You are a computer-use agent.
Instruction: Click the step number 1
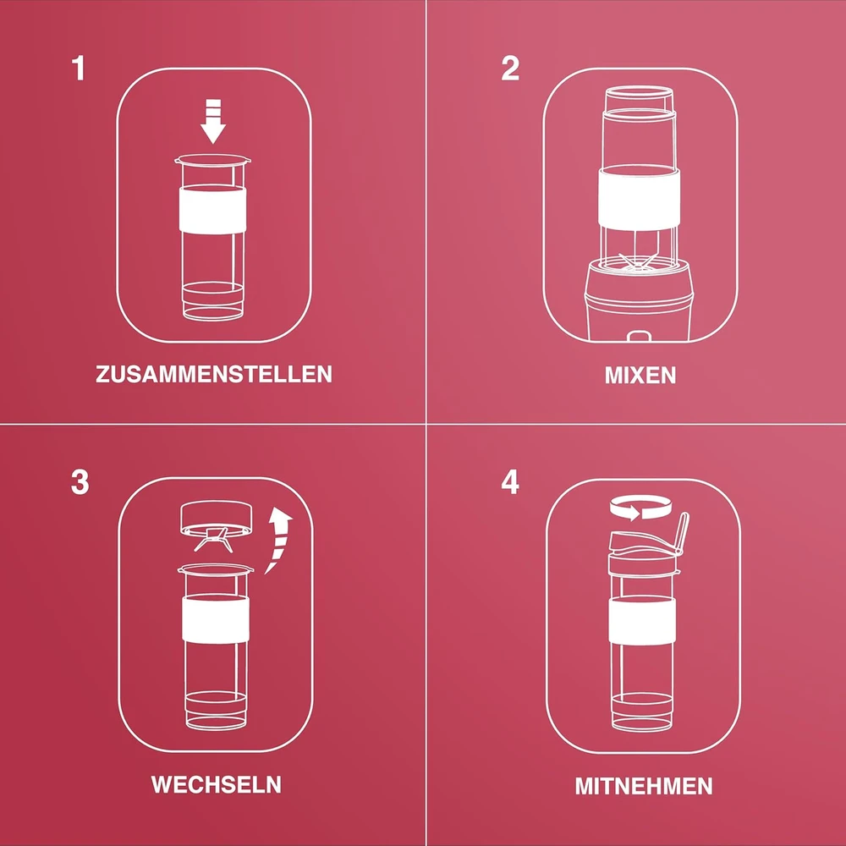click(79, 69)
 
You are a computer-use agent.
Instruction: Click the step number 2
click(510, 69)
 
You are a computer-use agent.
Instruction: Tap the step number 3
click(80, 482)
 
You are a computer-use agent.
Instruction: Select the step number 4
click(510, 482)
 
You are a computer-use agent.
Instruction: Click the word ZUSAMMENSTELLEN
click(214, 374)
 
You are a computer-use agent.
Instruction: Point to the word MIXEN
click(640, 375)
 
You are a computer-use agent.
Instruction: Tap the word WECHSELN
click(216, 784)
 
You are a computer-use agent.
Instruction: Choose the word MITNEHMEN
click(644, 786)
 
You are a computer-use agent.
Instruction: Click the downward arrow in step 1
click(213, 122)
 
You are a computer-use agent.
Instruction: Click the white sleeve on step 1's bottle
click(213, 211)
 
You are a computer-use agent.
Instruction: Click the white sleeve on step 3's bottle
click(216, 620)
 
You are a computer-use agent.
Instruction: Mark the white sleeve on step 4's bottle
click(642, 620)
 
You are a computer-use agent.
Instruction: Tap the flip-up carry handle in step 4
click(681, 534)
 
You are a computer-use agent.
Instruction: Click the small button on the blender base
click(638, 337)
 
